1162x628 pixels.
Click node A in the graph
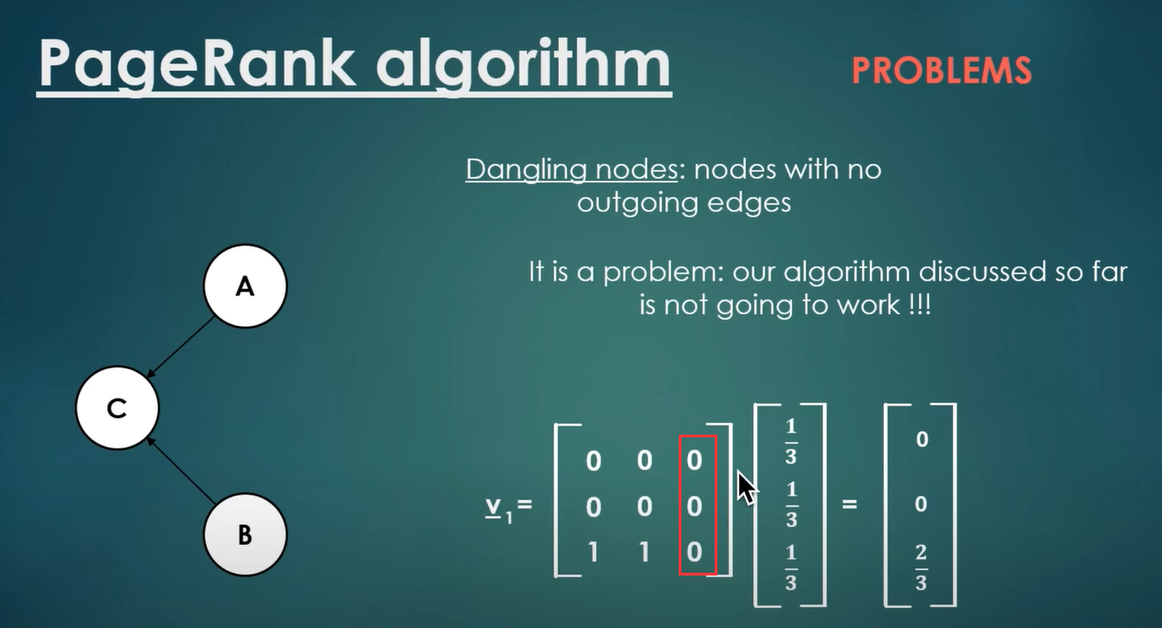pyautogui.click(x=244, y=286)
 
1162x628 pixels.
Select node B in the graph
pyautogui.click(x=244, y=534)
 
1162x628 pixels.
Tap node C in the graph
pyautogui.click(x=117, y=408)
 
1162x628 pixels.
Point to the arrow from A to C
pyautogui.click(x=181, y=346)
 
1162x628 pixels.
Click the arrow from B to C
pyautogui.click(x=181, y=471)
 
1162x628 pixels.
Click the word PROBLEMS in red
pyautogui.click(x=941, y=71)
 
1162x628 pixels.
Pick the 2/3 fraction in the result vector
pyautogui.click(x=921, y=567)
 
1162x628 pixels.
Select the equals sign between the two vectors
pyautogui.click(x=849, y=505)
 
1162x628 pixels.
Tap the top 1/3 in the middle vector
pyautogui.click(x=791, y=441)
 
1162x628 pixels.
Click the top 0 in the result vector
pyautogui.click(x=922, y=439)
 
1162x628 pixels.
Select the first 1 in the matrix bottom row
pyautogui.click(x=594, y=552)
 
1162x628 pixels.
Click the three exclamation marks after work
pyautogui.click(x=918, y=306)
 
